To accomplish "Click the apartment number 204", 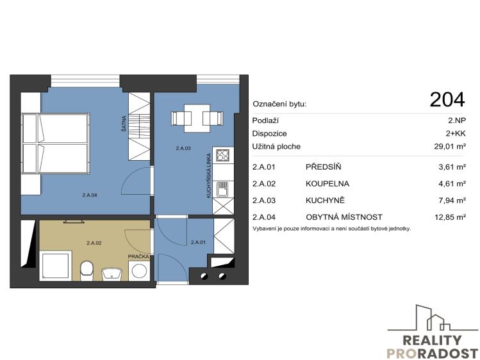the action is click(x=447, y=100).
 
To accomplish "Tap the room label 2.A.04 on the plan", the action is click(x=90, y=195).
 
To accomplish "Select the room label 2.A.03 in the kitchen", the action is click(x=183, y=149).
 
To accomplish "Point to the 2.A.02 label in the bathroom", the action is click(x=94, y=243).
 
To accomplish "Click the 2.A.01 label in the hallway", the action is click(x=198, y=242).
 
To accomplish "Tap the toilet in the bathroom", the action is click(x=87, y=270).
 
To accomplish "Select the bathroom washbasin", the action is click(x=112, y=273).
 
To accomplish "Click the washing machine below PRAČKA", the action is click(x=140, y=271).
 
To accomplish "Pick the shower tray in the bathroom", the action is click(x=56, y=266).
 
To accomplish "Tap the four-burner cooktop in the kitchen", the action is click(x=222, y=155).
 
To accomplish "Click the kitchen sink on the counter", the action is click(x=222, y=189).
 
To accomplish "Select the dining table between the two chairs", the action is click(x=197, y=119).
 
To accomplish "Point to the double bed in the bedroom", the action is click(x=55, y=143).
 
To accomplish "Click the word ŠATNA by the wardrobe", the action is click(x=124, y=124).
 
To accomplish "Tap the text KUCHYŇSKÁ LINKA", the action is click(x=209, y=176).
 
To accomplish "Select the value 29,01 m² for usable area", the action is click(x=450, y=146).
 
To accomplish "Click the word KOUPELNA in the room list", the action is click(x=327, y=183).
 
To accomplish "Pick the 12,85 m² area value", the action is click(x=450, y=217).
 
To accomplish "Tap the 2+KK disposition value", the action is click(x=456, y=133).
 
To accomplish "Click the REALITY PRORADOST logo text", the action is click(x=432, y=347).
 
